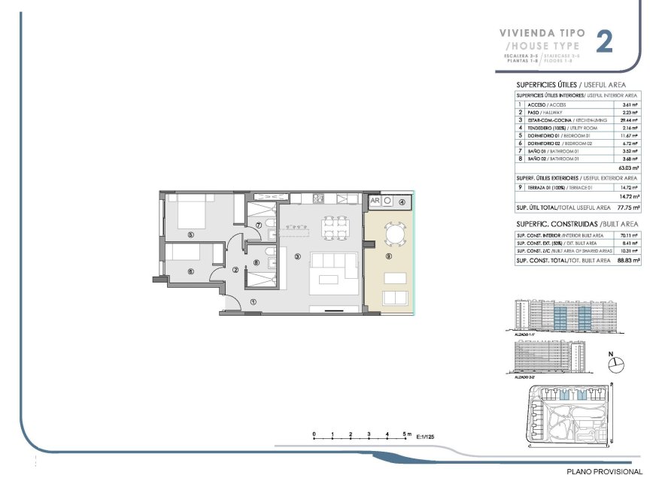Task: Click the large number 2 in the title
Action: pos(603,42)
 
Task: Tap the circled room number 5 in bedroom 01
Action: pos(191,234)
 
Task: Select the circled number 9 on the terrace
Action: pos(388,256)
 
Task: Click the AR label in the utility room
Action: pos(375,201)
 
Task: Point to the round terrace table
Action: pos(393,235)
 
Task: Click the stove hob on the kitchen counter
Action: pos(318,200)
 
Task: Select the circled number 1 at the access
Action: pos(253,301)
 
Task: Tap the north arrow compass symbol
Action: pos(617,364)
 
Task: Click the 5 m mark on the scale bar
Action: pos(405,434)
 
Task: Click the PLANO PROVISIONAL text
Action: pos(605,471)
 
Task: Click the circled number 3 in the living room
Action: pos(298,256)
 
